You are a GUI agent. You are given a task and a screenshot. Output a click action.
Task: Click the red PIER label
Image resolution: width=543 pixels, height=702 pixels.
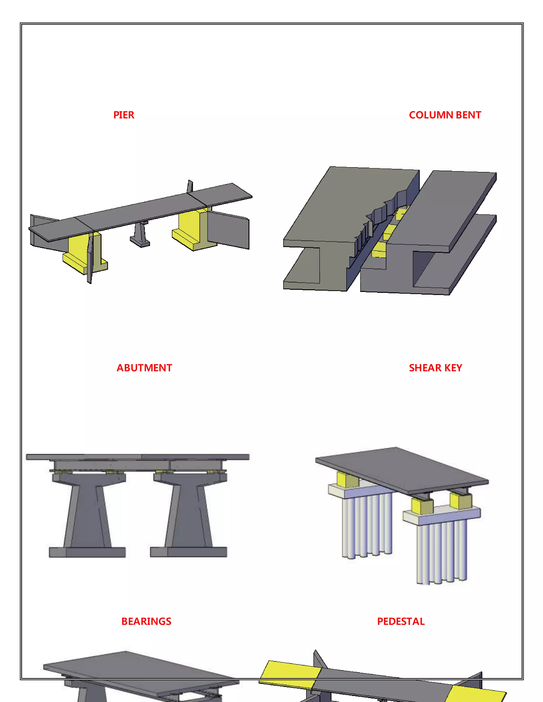pos(124,115)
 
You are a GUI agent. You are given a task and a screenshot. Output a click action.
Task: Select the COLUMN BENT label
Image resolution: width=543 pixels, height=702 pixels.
pos(445,115)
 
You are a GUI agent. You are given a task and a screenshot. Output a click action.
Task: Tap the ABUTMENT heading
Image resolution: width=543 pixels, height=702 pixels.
pos(144,368)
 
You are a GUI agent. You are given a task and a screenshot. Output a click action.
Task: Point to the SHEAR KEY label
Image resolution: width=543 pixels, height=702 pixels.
pos(435,368)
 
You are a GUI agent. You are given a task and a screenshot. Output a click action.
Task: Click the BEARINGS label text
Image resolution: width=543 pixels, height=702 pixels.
pos(146,621)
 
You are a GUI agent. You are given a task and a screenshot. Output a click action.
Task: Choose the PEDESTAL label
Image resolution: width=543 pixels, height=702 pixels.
pos(401,621)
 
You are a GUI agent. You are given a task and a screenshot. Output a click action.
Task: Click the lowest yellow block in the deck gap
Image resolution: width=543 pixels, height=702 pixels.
pos(379,250)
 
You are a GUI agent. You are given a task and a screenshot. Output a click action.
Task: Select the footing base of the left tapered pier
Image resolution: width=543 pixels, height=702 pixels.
pos(87,552)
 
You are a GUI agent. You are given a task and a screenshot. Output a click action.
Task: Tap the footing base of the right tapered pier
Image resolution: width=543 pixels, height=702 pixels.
pos(189,552)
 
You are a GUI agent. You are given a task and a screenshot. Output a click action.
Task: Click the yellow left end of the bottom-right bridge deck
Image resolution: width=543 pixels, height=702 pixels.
pos(290,673)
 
